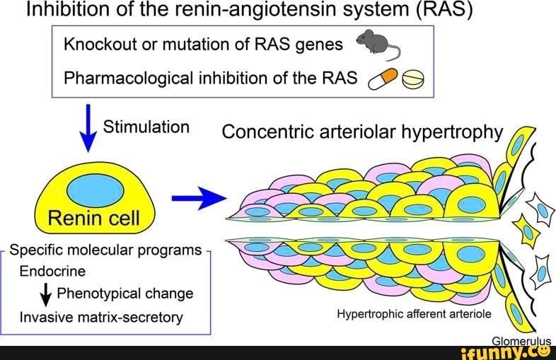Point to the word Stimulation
pyautogui.click(x=146, y=127)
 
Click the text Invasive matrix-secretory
pyautogui.click(x=101, y=317)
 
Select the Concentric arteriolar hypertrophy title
pyautogui.click(x=362, y=132)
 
